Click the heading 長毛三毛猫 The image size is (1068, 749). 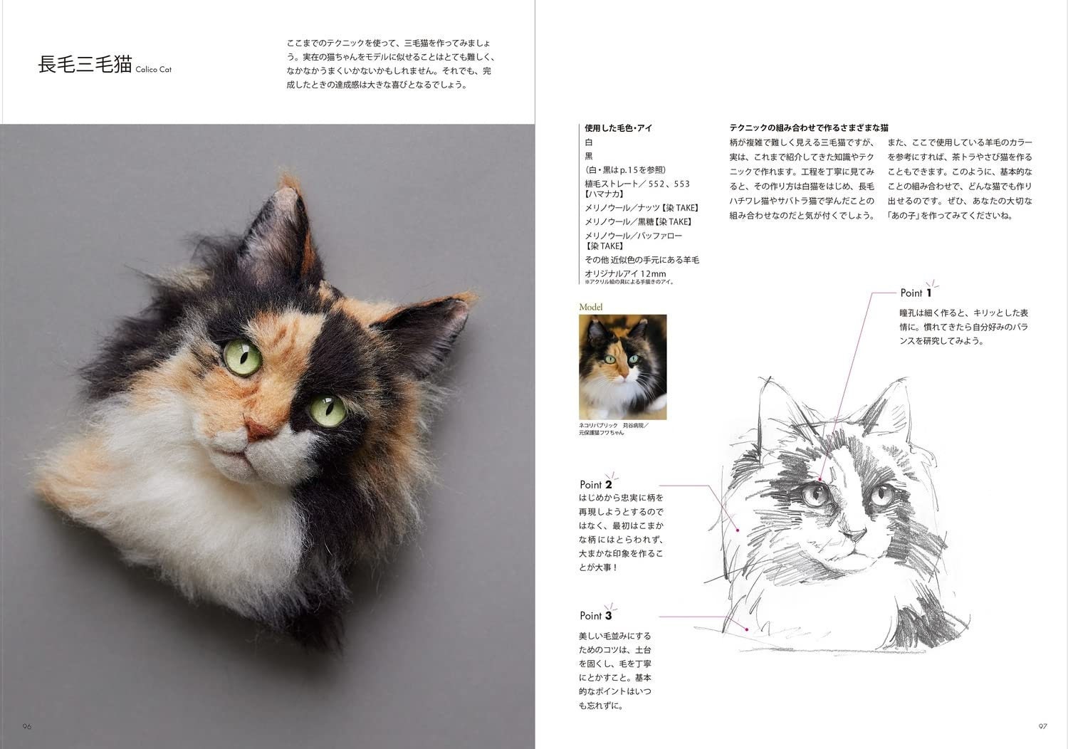(85, 64)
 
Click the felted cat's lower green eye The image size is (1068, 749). (325, 408)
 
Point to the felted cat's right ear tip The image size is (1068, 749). (462, 307)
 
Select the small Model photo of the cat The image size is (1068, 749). (622, 367)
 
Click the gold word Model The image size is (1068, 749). (592, 307)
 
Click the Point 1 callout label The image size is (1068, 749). (916, 292)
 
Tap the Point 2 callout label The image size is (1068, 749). (596, 485)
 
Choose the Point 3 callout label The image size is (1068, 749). (595, 615)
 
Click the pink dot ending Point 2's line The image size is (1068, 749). (738, 530)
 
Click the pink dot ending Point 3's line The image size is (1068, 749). (746, 629)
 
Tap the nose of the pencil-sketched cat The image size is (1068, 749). (852, 533)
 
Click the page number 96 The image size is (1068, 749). (27, 726)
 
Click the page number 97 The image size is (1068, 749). (1042, 726)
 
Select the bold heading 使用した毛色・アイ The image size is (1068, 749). (619, 129)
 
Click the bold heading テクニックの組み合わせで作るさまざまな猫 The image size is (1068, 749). (809, 128)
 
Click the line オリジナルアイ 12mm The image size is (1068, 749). (625, 273)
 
